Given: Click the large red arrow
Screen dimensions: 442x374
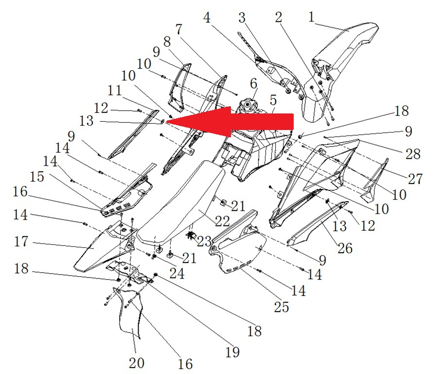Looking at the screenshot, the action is [230, 122].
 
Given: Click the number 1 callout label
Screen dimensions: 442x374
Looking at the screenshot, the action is [311, 17].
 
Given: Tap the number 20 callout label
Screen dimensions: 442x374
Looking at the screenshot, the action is [137, 363].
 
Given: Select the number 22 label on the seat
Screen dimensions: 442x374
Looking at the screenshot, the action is [222, 221].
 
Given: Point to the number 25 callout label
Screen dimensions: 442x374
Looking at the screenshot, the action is [282, 307].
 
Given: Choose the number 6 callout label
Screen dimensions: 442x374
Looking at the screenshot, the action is [253, 84].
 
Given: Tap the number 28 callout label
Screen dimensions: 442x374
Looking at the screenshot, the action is [413, 154].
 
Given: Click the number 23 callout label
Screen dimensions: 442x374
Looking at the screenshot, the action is [204, 242].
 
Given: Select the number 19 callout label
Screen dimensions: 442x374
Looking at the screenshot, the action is [232, 352].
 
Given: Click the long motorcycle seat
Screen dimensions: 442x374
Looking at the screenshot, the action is [181, 204].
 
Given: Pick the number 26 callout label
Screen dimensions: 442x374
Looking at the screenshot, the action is [345, 248].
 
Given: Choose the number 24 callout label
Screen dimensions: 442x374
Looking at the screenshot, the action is [177, 273].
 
